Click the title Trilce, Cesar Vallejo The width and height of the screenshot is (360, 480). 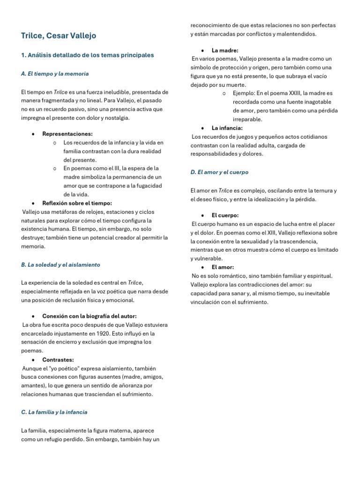click(x=59, y=36)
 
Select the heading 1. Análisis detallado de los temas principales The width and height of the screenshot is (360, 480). click(x=87, y=55)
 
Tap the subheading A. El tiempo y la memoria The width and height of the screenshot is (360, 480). click(x=55, y=74)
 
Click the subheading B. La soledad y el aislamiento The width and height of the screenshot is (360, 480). click(x=60, y=265)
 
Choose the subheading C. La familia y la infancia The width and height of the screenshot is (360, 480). click(x=54, y=412)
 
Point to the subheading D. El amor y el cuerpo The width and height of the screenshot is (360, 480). click(x=219, y=172)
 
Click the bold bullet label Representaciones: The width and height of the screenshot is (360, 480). click(x=67, y=134)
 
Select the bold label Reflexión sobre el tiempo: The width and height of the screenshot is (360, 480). click(x=77, y=203)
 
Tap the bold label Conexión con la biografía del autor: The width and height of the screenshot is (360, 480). click(x=89, y=316)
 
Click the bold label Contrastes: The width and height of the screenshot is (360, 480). click(x=58, y=360)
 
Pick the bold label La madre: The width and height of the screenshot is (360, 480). click(x=225, y=50)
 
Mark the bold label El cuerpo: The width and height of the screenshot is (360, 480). click(x=225, y=215)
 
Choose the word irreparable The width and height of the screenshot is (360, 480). click(x=247, y=119)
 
